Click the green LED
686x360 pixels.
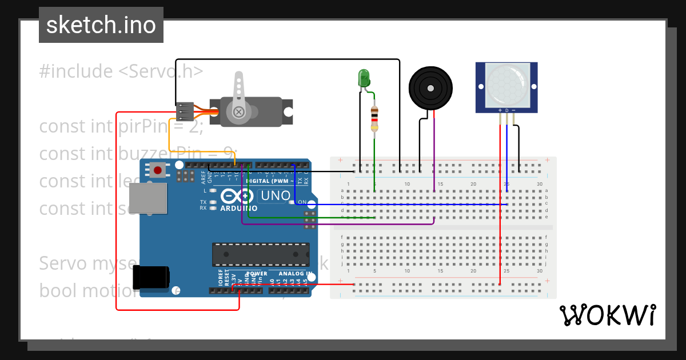pos(363,78)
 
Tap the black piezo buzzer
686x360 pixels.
pos(430,87)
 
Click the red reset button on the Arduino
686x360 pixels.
pos(158,170)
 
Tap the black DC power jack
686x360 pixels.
pos(151,277)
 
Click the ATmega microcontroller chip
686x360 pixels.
pos(261,254)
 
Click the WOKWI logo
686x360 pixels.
pos(607,315)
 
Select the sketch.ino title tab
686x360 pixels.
pos(101,25)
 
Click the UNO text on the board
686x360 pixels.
pos(276,196)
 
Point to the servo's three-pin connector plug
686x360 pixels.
pos(184,111)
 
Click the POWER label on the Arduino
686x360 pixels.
pos(256,274)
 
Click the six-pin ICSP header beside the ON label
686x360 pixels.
pos(310,219)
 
